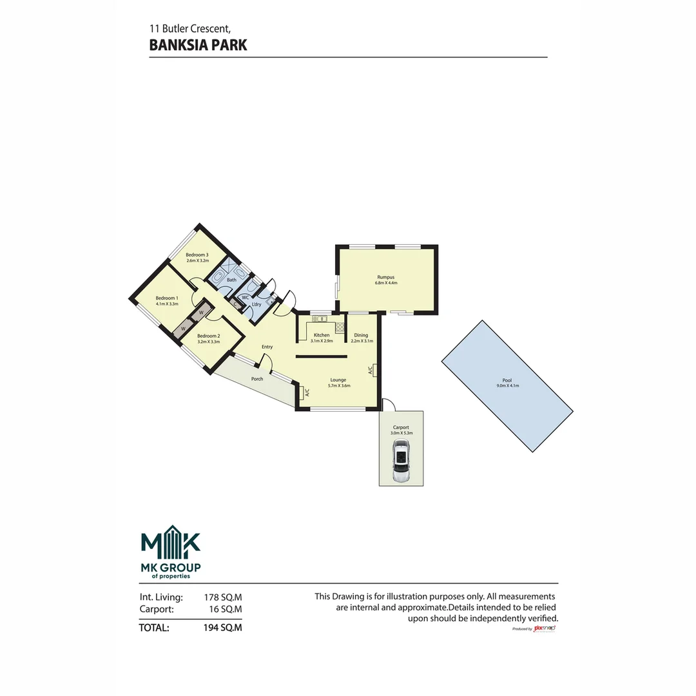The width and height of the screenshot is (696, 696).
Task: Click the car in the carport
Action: pos(401,463)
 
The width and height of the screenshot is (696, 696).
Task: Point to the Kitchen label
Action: pos(322,335)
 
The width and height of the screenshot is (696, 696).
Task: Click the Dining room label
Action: pos(361,335)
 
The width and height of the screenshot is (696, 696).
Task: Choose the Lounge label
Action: pos(338,380)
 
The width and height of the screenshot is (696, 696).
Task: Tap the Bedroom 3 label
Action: pos(197,255)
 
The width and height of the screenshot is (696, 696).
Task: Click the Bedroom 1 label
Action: pos(167,298)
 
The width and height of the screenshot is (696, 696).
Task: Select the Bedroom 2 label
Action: pos(208,336)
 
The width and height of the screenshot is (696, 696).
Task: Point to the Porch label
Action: pos(257,379)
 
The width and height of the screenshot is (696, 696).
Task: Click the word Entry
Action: pos(267,347)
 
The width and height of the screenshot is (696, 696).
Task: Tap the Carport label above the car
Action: pos(401,427)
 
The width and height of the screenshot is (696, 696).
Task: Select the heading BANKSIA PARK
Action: pos(198,45)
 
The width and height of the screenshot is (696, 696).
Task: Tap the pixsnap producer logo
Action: pos(545,628)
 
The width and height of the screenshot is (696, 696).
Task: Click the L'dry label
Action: pos(256,304)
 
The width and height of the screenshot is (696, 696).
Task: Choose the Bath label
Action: pos(231,280)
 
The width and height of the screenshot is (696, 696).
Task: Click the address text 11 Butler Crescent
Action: pos(189,28)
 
